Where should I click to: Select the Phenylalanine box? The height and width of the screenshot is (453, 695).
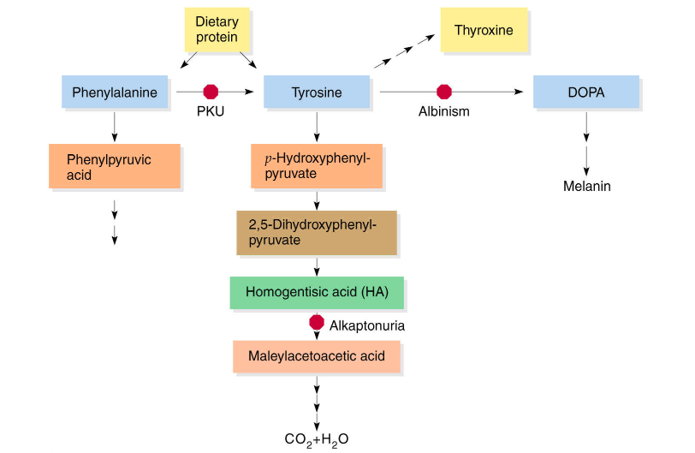[x=114, y=92]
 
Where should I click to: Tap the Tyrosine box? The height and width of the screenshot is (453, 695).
[x=317, y=92]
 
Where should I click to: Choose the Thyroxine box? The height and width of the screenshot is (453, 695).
[x=484, y=31]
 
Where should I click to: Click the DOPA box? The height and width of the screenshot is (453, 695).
[x=585, y=92]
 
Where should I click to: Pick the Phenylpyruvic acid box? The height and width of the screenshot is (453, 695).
[x=115, y=166]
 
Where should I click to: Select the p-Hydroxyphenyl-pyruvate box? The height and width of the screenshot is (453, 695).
[x=316, y=166]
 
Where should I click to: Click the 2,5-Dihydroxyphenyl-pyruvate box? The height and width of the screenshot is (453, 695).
[x=316, y=232]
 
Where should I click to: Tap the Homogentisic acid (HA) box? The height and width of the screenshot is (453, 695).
[x=317, y=291]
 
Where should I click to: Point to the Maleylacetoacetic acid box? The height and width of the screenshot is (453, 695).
[x=316, y=355]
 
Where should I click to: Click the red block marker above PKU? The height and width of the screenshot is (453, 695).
[x=210, y=91]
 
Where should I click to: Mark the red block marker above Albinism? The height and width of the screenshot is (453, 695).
[x=443, y=91]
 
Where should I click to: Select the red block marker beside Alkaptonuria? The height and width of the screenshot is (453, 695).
[x=317, y=323]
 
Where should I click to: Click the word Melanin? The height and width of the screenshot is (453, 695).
[x=586, y=186]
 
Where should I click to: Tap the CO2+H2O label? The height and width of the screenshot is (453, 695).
[x=317, y=439]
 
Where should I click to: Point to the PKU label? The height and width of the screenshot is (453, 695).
[x=210, y=112]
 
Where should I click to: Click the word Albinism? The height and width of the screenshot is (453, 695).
[x=443, y=112]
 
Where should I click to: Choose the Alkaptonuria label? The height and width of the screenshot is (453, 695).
[x=367, y=325]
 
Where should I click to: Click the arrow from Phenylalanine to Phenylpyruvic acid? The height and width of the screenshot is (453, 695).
[x=114, y=125]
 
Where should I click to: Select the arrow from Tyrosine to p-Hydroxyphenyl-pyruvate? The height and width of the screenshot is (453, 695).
[x=317, y=125]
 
